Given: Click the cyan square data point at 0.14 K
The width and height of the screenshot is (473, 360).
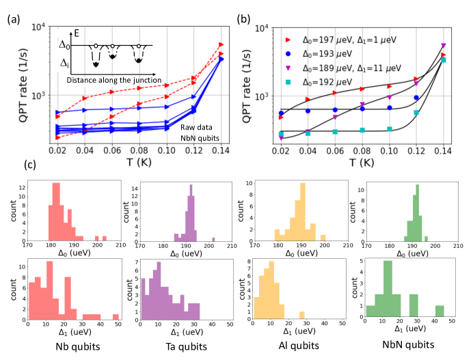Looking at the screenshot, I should tap(443, 60).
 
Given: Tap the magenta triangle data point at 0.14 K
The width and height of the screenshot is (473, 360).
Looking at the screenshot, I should tap(443, 45).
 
